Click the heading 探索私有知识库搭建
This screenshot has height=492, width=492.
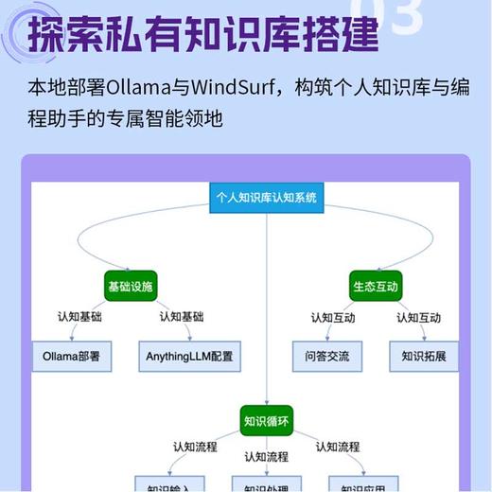[203, 36]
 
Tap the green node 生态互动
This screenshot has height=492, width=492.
[376, 286]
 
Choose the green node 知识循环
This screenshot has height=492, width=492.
[266, 420]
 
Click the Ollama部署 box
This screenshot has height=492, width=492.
[72, 357]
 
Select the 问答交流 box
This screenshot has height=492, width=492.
[327, 357]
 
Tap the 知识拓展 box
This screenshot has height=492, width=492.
[424, 357]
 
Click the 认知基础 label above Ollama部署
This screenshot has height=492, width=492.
[79, 317]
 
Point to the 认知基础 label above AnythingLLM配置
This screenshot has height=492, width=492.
[182, 317]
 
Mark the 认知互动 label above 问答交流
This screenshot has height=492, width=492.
[333, 317]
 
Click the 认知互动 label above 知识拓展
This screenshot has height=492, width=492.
[418, 317]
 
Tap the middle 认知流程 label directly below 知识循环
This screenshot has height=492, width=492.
[267, 457]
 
